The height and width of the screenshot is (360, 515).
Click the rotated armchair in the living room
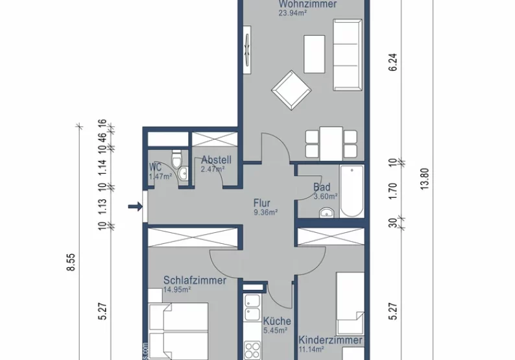290,90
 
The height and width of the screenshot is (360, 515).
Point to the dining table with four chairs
331,143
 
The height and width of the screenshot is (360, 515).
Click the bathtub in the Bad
352,192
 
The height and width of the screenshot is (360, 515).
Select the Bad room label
322,187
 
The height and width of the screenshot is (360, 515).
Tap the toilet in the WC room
176,160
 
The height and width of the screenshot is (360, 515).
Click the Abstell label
212,160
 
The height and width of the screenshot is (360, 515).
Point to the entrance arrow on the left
135,207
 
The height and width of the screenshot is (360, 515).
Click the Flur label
262,202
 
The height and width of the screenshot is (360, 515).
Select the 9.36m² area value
266,211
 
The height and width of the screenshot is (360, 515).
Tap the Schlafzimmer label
195,280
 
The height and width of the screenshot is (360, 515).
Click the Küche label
277,321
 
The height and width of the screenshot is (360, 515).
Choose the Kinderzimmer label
330,340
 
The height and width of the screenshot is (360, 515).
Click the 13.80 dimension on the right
425,180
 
